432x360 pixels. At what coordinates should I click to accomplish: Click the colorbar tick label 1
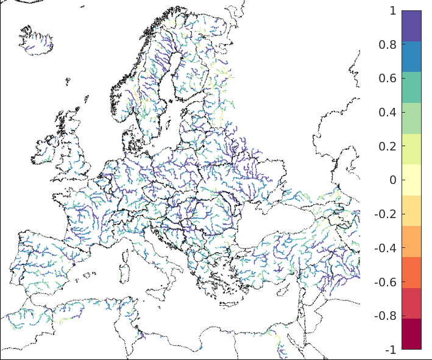[x=392, y=10]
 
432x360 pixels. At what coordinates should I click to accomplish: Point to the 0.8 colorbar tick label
[x=388, y=44]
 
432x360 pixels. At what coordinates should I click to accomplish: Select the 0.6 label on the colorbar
[x=388, y=79]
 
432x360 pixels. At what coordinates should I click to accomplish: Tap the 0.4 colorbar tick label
[x=388, y=113]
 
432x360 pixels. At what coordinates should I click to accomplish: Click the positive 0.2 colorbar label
[x=388, y=146]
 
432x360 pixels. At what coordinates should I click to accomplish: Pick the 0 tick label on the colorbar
[x=392, y=180]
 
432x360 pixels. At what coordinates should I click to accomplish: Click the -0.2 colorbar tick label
[x=386, y=214]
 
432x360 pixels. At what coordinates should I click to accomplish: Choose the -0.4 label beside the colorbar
[x=386, y=249]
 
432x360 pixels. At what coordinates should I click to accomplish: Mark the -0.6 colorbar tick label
[x=386, y=283]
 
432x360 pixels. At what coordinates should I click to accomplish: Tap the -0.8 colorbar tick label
[x=386, y=316]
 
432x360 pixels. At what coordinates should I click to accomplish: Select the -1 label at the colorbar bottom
[x=391, y=350]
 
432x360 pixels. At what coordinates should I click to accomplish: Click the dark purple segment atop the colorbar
[x=411, y=26]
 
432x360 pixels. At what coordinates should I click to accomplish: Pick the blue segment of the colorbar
[x=411, y=57]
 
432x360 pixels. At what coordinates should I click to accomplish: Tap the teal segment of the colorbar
[x=411, y=87]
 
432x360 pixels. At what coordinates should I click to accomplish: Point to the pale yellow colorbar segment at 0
[x=411, y=180]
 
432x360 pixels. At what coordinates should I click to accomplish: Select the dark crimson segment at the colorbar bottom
[x=411, y=334]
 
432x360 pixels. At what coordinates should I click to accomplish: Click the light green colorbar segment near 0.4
[x=411, y=118]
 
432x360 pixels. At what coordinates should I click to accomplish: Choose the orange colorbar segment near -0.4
[x=411, y=241]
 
